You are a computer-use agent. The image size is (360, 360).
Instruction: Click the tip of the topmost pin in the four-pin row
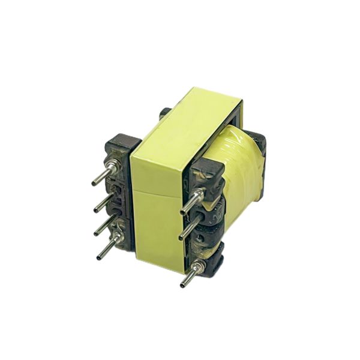click(94, 184)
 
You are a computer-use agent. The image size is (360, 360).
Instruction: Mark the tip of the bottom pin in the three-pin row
click(182, 284)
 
